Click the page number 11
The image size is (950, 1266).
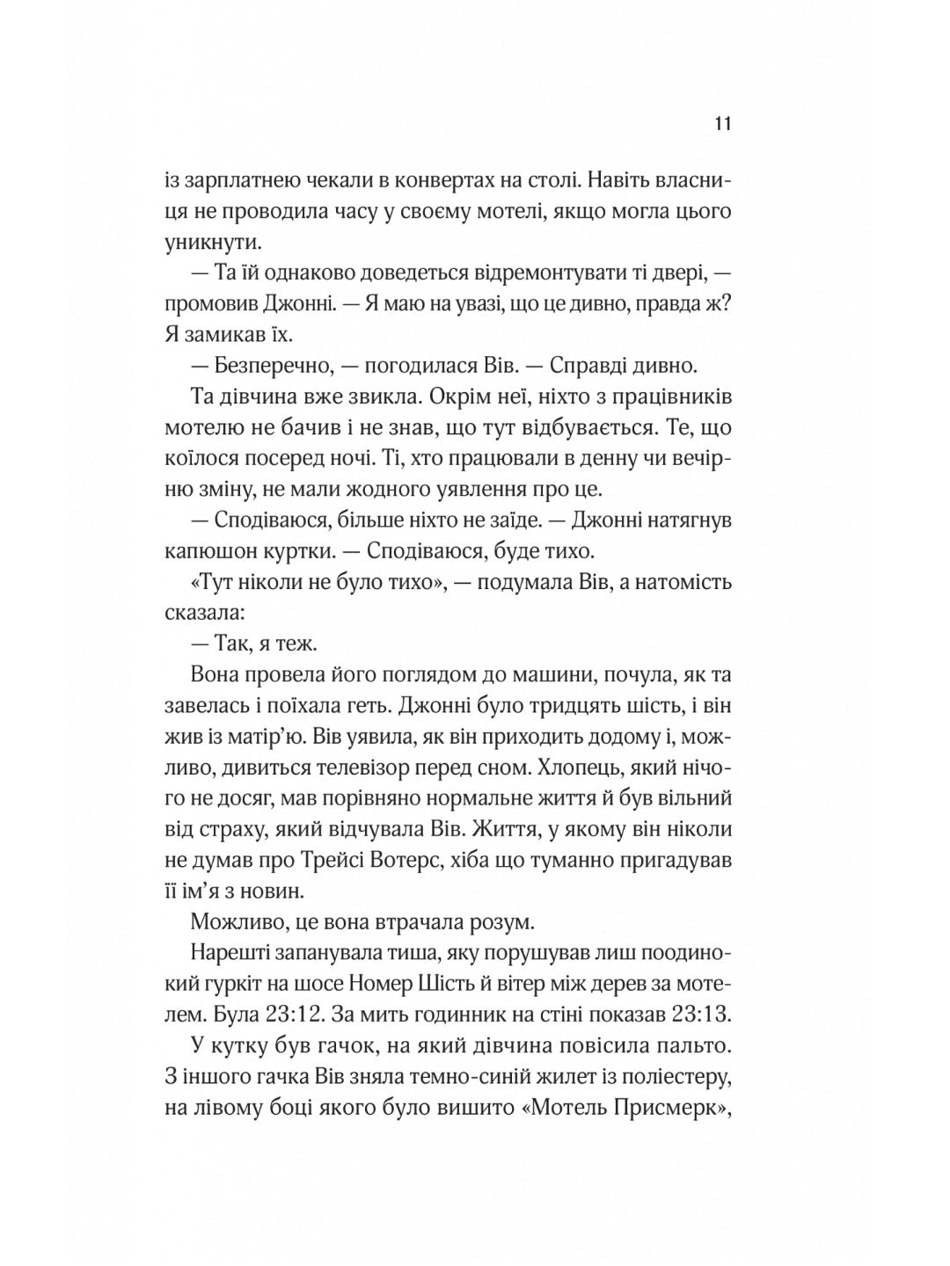tap(723, 123)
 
